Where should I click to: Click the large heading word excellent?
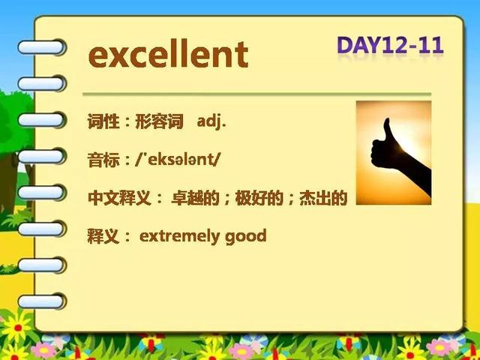point(168,55)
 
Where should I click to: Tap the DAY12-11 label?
point(390,45)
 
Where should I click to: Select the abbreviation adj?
point(211,122)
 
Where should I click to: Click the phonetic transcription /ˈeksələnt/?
point(178,160)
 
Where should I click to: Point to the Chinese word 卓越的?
point(195,198)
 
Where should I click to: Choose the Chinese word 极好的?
point(259,198)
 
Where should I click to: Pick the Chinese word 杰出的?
point(323,198)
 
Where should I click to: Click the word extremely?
point(179,236)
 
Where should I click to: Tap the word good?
point(246,237)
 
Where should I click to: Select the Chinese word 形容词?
point(159,121)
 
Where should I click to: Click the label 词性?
point(103,121)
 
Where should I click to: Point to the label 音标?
point(103,160)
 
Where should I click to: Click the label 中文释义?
point(119,198)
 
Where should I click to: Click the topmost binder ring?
point(41,47)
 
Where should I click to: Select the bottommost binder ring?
point(41,301)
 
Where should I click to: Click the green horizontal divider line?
point(256,94)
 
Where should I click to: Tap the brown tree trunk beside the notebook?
point(8,184)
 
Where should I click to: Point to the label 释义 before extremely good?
point(103,237)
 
